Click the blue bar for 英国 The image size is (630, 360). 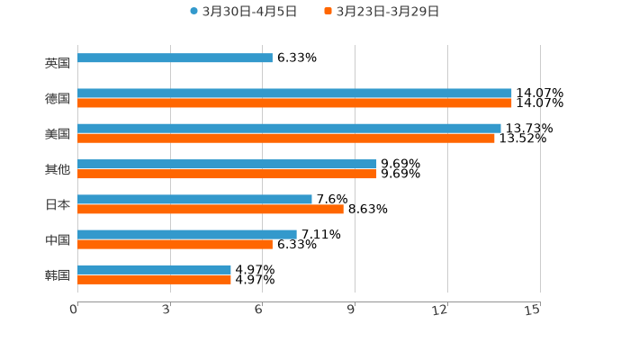pyautogui.click(x=175, y=58)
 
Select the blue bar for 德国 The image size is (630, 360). pyautogui.click(x=294, y=94)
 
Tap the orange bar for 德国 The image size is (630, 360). pyautogui.click(x=294, y=103)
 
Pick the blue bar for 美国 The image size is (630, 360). pyautogui.click(x=289, y=129)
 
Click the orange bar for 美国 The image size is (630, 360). pyautogui.click(x=286, y=139)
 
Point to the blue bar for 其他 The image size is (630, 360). pyautogui.click(x=227, y=164)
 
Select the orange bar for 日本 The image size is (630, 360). pyautogui.click(x=211, y=209)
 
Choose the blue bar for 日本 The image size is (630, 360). pyautogui.click(x=194, y=199)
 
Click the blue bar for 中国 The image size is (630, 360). pyautogui.click(x=187, y=234)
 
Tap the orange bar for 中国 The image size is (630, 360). pyautogui.click(x=175, y=244)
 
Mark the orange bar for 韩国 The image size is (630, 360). pyautogui.click(x=154, y=279)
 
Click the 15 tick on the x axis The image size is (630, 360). pyautogui.click(x=533, y=309)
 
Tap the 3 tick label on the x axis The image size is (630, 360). pyautogui.click(x=166, y=309)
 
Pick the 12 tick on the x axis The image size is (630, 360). pyautogui.click(x=440, y=309)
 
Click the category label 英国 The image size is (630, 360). pyautogui.click(x=57, y=64)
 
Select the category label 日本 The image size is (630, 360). pyautogui.click(x=57, y=204)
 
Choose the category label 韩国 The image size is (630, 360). pyautogui.click(x=57, y=274)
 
